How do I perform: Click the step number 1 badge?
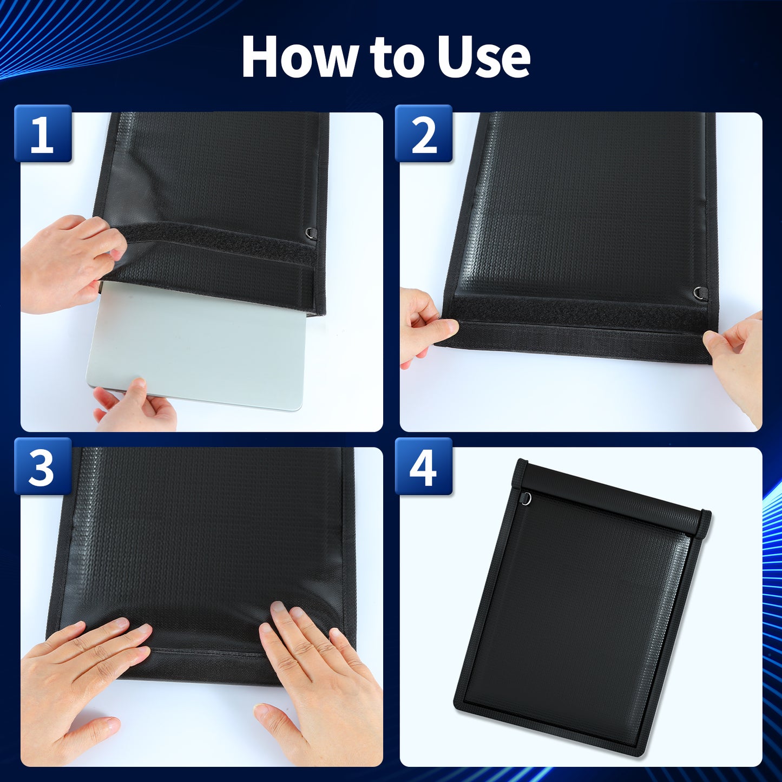[x=43, y=134]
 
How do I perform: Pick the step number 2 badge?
[x=424, y=134]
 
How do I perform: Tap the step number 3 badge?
[x=43, y=466]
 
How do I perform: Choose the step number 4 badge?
[x=424, y=466]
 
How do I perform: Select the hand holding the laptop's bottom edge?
[x=134, y=404]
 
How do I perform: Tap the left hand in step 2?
[x=426, y=325]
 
